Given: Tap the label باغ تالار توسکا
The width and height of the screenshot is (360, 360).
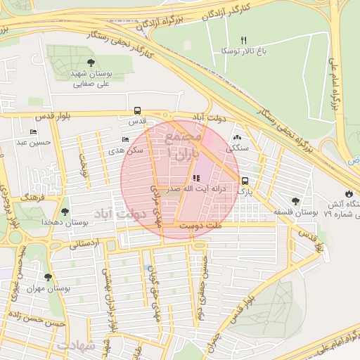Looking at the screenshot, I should point(239,51).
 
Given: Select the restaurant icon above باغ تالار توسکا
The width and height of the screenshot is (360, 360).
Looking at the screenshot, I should point(244,39).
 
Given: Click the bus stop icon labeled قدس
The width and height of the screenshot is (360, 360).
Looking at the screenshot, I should point(137,110).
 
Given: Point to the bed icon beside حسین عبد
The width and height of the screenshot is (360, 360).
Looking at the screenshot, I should point(33,132).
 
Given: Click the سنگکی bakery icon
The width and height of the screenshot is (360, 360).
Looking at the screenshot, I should point(236,139).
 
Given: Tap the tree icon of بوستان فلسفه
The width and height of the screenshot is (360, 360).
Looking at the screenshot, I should point(295,201).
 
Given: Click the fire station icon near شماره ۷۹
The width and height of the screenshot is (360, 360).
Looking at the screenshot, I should point(349,194).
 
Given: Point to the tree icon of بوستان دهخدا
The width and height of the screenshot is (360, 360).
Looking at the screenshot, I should point(65,211).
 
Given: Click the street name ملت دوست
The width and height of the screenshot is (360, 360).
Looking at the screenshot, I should point(200,226).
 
